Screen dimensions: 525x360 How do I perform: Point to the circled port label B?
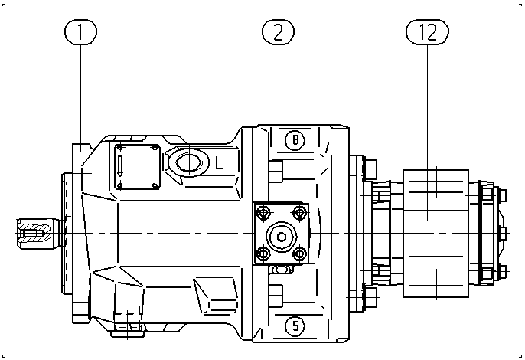click(x=295, y=139)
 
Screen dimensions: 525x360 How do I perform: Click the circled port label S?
click(x=295, y=326)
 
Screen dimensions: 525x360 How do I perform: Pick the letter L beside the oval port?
click(x=219, y=163)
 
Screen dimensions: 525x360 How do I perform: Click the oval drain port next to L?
click(x=189, y=162)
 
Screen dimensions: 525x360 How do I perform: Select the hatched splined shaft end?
click(x=34, y=233)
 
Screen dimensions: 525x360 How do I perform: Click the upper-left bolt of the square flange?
click(x=263, y=212)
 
